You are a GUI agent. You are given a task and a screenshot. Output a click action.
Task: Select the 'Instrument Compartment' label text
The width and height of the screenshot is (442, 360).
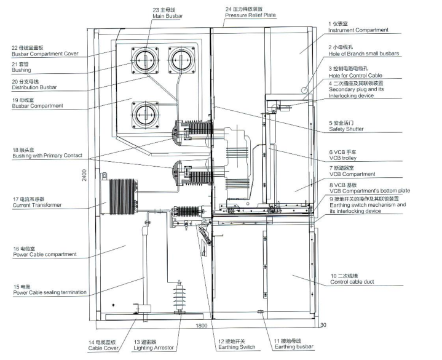358,30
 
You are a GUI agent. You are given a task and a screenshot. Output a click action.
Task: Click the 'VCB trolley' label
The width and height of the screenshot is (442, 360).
344,158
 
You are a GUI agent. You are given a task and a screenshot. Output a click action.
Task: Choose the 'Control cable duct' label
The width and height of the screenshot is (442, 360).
352,282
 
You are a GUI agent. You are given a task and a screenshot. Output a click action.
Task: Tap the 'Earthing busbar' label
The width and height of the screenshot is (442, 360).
293,347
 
